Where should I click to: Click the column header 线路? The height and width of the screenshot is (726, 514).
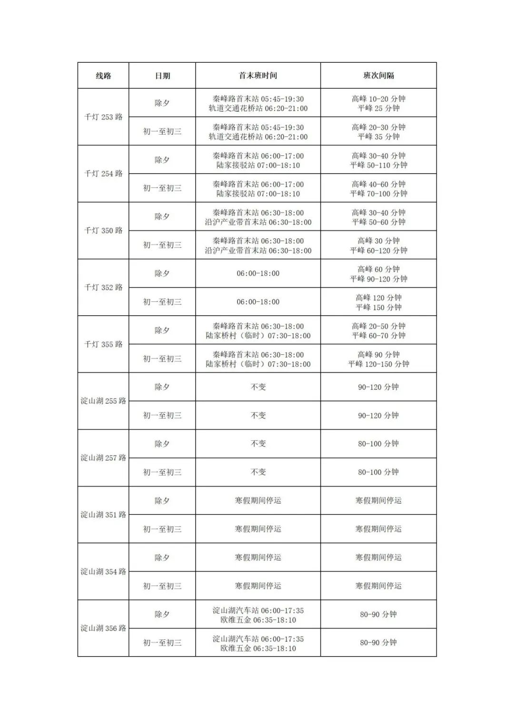click(103, 76)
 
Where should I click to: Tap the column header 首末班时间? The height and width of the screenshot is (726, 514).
click(258, 76)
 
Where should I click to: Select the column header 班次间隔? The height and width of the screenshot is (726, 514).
click(378, 76)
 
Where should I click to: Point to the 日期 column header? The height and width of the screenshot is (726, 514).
click(162, 76)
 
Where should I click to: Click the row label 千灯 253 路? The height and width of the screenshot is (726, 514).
click(103, 117)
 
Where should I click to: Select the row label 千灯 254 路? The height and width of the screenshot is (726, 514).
click(103, 174)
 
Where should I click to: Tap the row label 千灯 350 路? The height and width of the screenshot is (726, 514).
click(103, 231)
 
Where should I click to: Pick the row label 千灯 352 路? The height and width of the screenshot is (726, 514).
click(103, 287)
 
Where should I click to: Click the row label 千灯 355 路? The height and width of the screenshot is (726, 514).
click(103, 344)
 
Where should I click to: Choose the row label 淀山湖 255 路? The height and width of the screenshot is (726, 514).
click(103, 401)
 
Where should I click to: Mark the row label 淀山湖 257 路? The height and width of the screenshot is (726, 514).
click(103, 458)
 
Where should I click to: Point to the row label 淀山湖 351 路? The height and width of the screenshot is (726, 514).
click(103, 514)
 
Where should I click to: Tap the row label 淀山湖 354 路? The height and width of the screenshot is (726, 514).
click(103, 571)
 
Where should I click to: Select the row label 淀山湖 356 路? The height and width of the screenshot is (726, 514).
click(103, 628)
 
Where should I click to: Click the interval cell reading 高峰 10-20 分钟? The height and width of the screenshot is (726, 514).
click(378, 99)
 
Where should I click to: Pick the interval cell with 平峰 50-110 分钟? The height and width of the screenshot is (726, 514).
click(378, 165)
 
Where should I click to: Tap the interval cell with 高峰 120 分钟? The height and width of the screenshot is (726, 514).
click(378, 298)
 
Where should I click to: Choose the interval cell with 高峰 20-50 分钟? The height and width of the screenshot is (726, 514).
click(378, 326)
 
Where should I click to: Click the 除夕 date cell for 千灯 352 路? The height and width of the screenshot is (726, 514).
click(162, 273)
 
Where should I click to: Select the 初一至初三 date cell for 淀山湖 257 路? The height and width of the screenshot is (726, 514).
click(162, 472)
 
